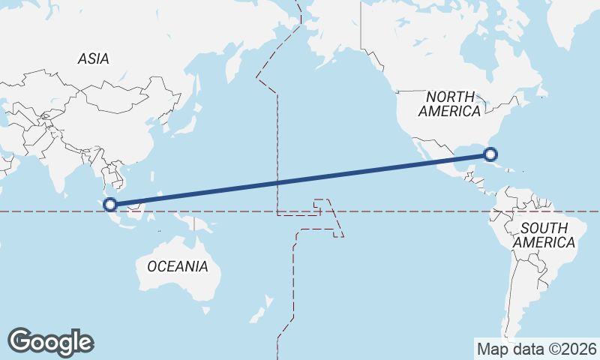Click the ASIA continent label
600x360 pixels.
[93, 58]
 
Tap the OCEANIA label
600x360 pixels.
[177, 266]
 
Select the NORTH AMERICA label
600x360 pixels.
[450, 103]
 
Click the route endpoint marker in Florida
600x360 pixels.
[490, 154]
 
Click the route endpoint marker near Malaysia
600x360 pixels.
[110, 204]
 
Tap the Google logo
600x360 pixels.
[50, 341]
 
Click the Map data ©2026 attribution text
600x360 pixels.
[536, 349]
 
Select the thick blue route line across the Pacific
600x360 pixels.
[300, 179]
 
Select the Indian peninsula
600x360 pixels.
[56, 169]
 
